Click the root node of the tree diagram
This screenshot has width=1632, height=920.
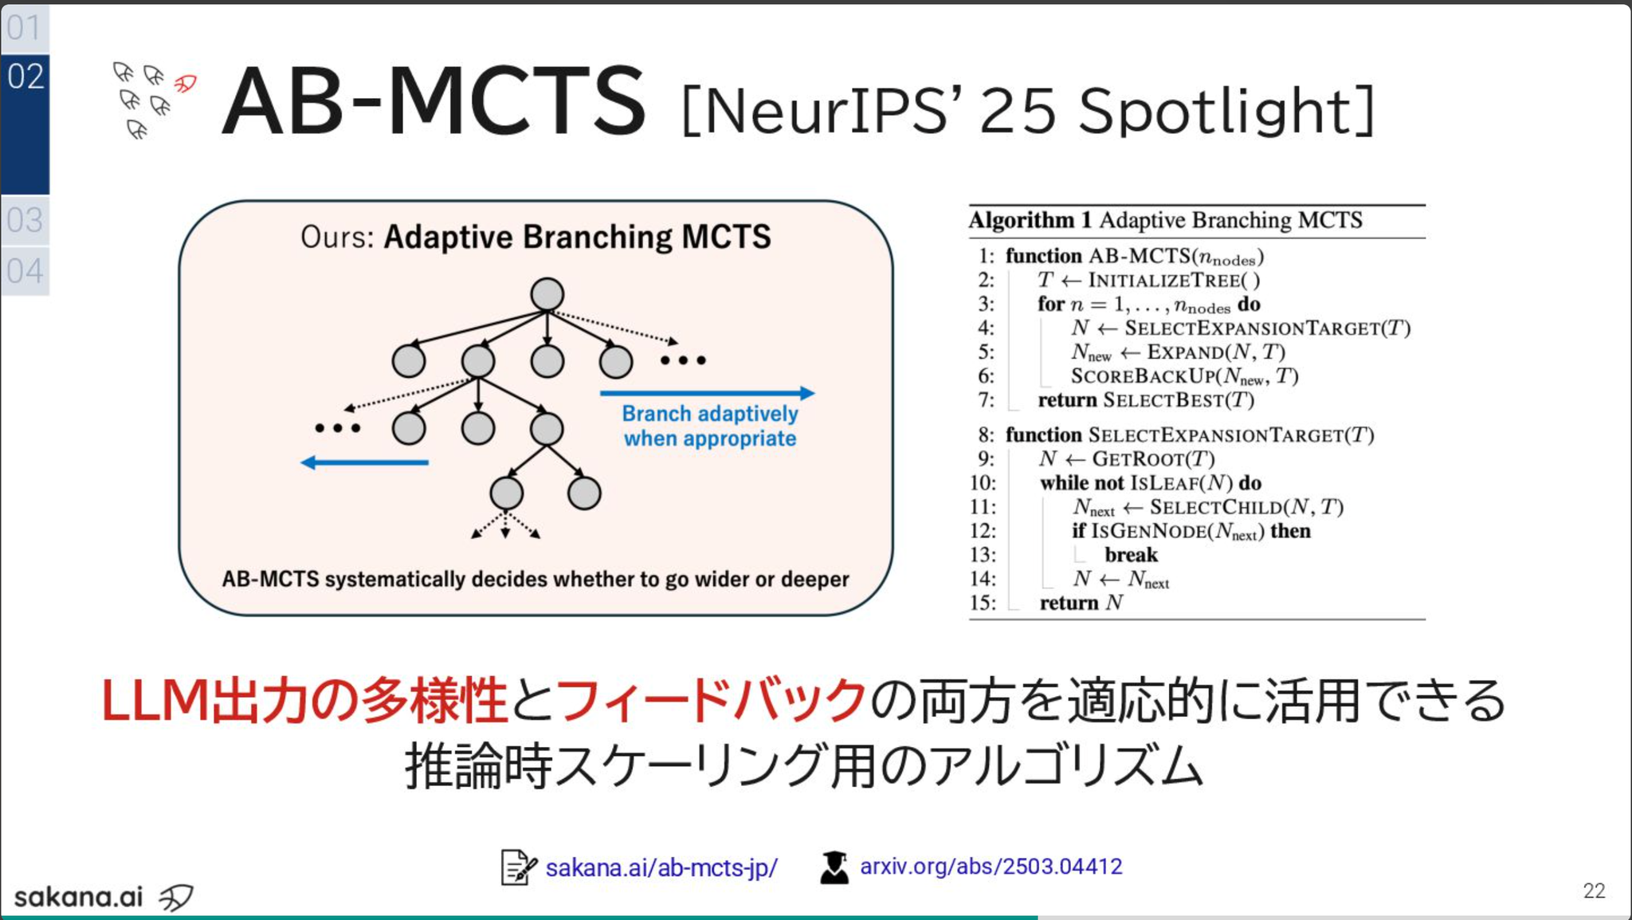(547, 294)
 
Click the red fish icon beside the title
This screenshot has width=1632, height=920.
(186, 83)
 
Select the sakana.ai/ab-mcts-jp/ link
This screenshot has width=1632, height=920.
(661, 867)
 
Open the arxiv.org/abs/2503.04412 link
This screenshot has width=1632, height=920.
(991, 867)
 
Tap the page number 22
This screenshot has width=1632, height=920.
(1594, 891)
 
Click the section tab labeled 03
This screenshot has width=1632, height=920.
(25, 220)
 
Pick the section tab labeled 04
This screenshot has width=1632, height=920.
(25, 271)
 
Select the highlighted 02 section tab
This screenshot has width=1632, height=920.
(25, 124)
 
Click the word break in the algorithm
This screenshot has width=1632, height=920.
(1131, 555)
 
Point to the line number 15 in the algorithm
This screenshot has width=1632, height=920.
(983, 603)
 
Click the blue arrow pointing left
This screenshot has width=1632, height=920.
(364, 462)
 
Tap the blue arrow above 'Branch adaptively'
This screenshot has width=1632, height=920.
(708, 393)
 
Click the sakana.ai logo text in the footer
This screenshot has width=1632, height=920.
(78, 897)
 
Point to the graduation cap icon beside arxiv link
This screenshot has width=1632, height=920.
(834, 867)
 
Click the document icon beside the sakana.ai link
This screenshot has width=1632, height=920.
(519, 867)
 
